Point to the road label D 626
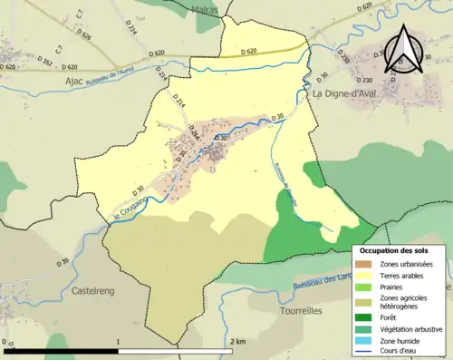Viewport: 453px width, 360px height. tap(84, 35)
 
